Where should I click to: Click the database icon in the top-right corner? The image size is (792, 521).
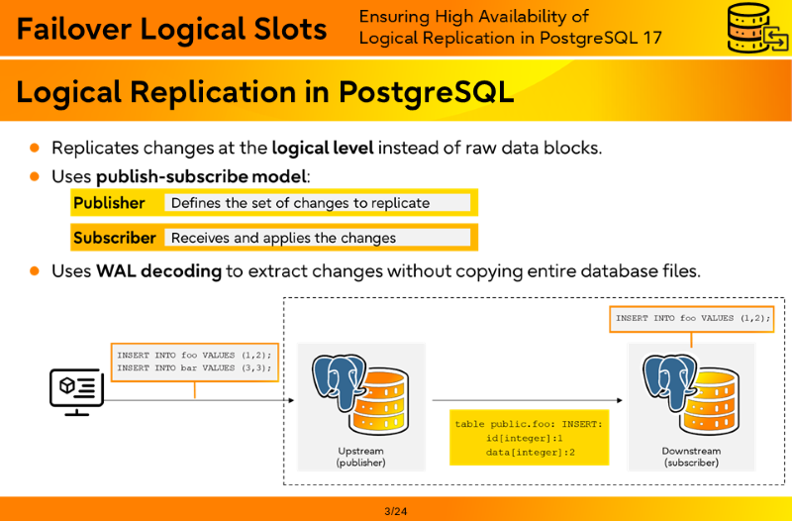757,28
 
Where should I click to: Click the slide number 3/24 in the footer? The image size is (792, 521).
395,511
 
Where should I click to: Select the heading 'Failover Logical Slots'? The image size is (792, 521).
171,29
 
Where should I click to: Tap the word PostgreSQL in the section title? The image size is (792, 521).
427,92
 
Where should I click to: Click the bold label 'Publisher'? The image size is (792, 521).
109,203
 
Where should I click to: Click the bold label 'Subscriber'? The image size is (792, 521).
115,238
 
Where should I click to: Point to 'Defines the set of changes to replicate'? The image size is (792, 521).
301,203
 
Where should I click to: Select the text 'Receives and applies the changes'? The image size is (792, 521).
283,238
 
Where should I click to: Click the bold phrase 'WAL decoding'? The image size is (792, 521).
158,271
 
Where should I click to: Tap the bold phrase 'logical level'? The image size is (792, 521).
323,148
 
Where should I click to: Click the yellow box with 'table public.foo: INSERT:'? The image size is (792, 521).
530,438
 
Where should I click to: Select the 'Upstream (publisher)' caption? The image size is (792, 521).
360,457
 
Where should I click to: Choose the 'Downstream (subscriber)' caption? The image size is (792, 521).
691,457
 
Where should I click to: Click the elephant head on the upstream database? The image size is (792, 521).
339,380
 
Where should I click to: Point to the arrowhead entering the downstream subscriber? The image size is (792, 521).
620,401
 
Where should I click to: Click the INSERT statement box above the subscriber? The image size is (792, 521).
691,319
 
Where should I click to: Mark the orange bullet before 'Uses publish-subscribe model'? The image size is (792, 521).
35,176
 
